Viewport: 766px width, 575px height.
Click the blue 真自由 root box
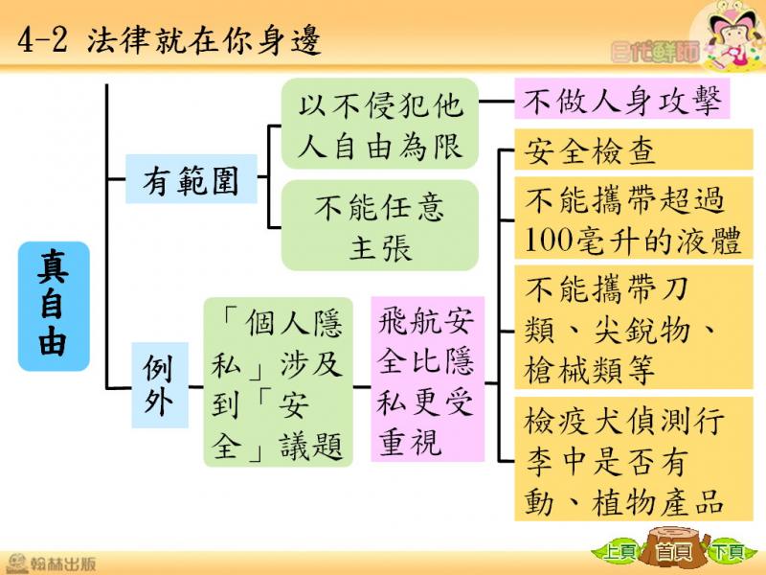(x=54, y=306)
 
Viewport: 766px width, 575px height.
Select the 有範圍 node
(x=191, y=179)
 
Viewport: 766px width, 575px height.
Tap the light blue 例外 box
(x=160, y=385)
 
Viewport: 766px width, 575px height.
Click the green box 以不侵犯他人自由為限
(x=379, y=124)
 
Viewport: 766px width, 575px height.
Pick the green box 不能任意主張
(x=379, y=225)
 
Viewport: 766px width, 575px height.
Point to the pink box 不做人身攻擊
(x=621, y=100)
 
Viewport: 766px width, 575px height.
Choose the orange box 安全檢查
(x=634, y=150)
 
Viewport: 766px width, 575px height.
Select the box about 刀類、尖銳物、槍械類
(x=634, y=328)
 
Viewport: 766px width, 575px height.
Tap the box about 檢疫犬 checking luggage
(x=634, y=459)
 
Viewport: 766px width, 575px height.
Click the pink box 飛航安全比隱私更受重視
(x=427, y=379)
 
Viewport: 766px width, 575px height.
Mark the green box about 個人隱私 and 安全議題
(x=278, y=382)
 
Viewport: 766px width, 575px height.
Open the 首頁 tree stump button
(x=674, y=549)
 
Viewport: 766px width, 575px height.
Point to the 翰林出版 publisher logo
(x=51, y=563)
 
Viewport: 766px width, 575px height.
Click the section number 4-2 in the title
(x=42, y=40)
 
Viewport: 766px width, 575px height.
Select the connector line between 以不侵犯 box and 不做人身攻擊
(x=496, y=102)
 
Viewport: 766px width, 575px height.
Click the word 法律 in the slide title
(x=118, y=39)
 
